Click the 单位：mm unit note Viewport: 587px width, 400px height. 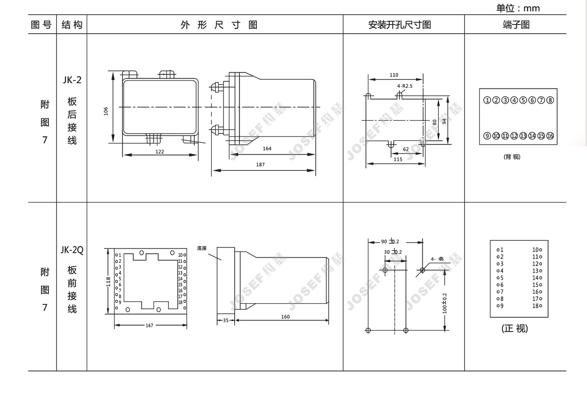click(518, 8)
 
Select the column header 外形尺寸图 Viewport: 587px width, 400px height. click(219, 25)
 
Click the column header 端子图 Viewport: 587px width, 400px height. click(516, 24)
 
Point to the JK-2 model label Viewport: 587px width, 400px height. click(72, 80)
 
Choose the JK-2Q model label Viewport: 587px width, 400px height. click(72, 250)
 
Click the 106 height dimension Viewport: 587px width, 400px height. click(106, 111)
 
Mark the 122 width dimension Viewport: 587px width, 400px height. click(160, 152)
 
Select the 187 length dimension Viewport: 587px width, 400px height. click(260, 164)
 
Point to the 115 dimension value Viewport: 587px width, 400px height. click(397, 159)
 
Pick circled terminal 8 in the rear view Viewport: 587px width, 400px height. click(550, 101)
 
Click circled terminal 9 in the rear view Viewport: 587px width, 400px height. click(487, 136)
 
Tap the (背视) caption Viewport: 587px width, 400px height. click(512, 157)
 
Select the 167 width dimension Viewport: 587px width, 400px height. click(150, 325)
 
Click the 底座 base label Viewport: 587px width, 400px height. click(202, 248)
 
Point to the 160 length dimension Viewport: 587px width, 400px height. click(285, 316)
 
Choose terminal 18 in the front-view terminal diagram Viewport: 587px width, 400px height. click(537, 306)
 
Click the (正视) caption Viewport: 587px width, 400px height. click(515, 329)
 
